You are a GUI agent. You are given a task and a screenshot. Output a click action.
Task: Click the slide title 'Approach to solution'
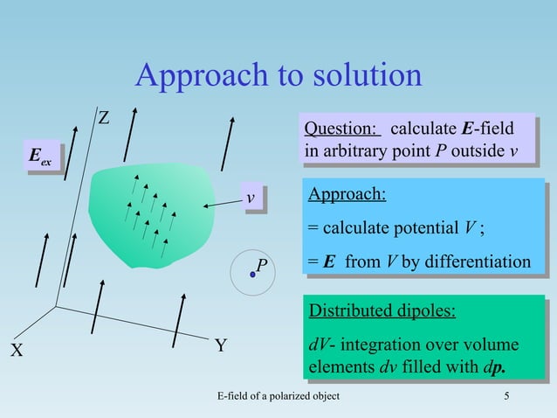[278, 76]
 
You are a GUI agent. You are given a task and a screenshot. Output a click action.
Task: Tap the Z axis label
[102, 117]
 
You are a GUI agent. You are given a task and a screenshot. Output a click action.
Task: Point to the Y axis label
[221, 345]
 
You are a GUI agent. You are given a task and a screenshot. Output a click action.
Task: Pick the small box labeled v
[251, 199]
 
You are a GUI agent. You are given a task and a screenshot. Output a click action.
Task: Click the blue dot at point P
[252, 275]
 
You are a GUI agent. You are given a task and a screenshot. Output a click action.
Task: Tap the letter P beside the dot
[262, 263]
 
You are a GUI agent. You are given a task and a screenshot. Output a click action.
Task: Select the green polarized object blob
[153, 214]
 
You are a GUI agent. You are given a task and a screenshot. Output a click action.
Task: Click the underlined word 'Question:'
[341, 129]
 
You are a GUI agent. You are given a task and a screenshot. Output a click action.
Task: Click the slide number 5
[506, 399]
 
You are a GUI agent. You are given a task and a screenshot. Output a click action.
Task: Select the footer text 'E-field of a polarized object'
[278, 399]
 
